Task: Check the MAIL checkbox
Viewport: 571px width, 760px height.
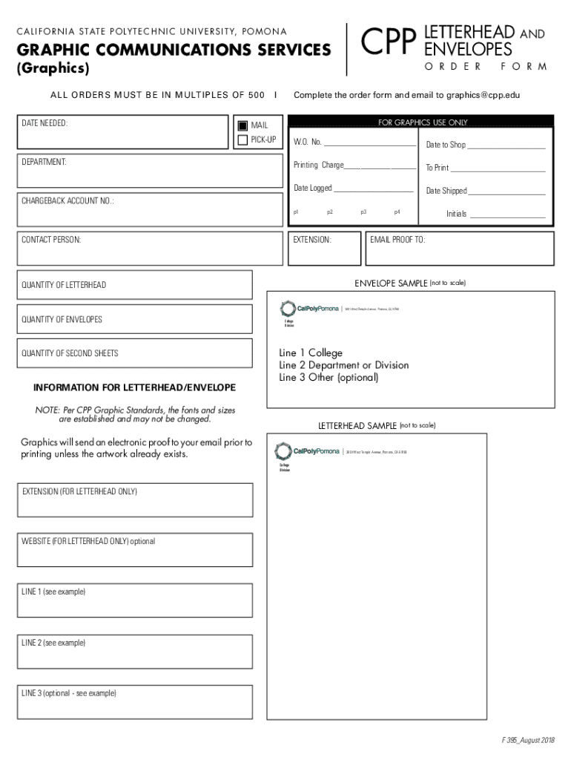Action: [242, 125]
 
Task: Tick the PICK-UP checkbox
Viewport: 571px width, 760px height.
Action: [242, 140]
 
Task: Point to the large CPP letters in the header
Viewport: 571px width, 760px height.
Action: [387, 42]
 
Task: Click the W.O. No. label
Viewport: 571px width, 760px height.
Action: [307, 142]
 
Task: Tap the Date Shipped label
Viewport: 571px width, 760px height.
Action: [446, 191]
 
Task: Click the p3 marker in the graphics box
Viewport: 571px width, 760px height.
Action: [363, 212]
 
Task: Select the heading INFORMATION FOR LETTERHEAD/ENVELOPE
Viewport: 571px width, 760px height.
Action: [135, 388]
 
